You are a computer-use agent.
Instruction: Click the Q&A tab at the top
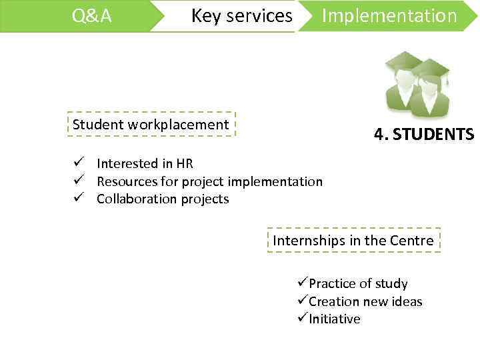[92, 16]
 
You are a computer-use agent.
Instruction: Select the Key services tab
[241, 16]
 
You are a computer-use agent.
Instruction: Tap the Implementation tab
[389, 16]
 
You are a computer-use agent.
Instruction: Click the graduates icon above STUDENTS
[417, 85]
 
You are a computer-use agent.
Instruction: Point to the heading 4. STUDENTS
[424, 135]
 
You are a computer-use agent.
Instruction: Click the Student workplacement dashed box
[151, 125]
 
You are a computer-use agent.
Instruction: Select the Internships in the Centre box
[353, 241]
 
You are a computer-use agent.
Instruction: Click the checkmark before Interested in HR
[79, 163]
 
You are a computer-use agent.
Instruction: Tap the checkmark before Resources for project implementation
[79, 181]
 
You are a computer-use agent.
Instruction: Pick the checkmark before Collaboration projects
[79, 199]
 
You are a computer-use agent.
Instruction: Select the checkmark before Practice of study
[303, 283]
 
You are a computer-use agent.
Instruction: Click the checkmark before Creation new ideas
[303, 301]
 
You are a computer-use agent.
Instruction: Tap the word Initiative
[335, 319]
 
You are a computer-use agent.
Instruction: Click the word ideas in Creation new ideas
[407, 301]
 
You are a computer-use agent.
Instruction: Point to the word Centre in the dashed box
[413, 241]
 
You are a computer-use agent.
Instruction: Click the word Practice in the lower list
[331, 283]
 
